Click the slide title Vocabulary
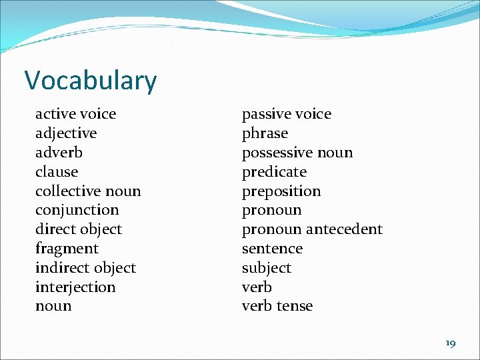91,81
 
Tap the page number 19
450,343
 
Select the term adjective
66,133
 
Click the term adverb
59,153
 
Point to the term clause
57,172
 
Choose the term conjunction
77,210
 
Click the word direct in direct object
53,229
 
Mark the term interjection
75,287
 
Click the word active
55,114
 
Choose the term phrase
265,133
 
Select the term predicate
274,172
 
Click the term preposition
281,191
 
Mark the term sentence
272,249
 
